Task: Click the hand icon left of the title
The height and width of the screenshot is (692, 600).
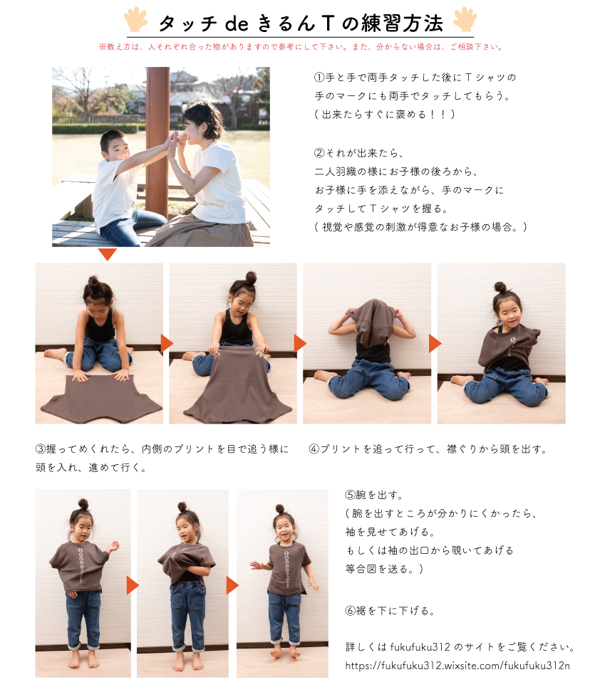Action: pos(135,19)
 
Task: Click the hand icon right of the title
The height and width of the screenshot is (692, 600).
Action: pos(465,19)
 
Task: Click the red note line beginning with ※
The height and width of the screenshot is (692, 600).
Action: pos(301,47)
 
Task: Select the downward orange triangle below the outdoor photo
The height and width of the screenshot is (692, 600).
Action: pos(108,253)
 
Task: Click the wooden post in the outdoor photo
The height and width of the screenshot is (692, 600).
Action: pos(157,141)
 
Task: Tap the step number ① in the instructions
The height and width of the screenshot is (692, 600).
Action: pos(319,78)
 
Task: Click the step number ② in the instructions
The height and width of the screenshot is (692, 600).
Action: pos(319,153)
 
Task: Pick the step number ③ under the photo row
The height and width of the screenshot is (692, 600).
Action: pos(41,449)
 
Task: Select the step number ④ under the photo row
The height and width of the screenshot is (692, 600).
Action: pos(314,449)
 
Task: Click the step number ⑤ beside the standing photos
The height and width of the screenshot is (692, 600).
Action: pos(350,496)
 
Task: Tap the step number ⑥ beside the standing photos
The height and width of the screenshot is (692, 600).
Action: pos(350,611)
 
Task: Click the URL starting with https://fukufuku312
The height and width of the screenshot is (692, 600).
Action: pos(457,666)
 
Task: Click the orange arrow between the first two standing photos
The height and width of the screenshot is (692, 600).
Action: pos(133,585)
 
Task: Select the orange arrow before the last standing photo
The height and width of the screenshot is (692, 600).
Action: pos(232,585)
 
